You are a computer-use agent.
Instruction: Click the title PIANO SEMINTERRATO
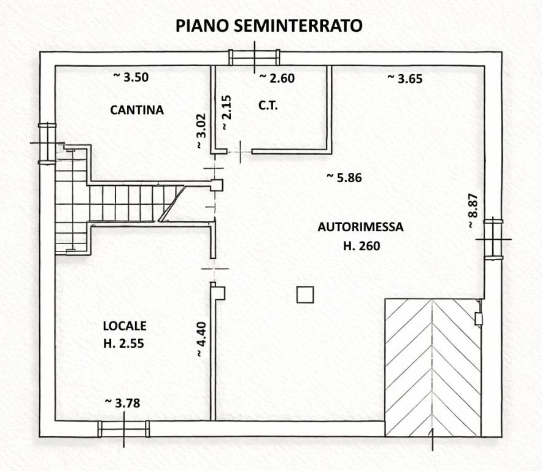[268, 25]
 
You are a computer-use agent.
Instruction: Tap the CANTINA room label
[137, 110]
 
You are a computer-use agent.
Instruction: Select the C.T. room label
[268, 105]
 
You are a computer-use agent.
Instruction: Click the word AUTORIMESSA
[360, 227]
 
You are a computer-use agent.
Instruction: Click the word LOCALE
[125, 326]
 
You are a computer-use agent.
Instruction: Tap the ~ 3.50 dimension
[131, 77]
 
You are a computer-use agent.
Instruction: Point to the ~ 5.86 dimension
[344, 178]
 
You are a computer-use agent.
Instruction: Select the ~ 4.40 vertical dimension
[200, 340]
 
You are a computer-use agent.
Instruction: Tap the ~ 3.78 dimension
[123, 402]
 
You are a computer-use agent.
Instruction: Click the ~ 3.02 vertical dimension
[200, 131]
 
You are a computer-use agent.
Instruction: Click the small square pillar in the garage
[305, 295]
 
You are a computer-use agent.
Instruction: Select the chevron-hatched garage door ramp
[433, 367]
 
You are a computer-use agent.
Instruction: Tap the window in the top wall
[254, 58]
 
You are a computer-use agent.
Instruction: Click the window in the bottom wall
[123, 429]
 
